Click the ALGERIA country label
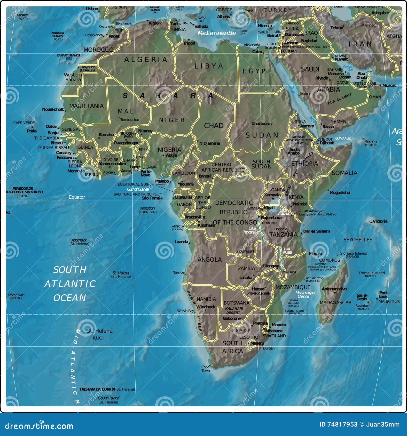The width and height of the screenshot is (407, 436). [146, 60]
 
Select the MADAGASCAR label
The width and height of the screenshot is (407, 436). [335, 303]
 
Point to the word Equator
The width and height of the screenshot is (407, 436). [77, 197]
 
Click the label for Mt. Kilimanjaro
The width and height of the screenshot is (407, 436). [314, 211]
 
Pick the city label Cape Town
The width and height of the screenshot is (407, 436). [206, 369]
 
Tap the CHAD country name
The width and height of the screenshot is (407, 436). [214, 126]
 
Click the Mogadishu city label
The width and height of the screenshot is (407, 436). [340, 192]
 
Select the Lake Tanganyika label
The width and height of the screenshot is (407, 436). [251, 230]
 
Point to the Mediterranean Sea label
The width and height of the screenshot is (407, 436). [216, 33]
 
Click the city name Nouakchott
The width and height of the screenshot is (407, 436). [53, 109]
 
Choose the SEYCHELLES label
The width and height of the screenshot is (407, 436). [358, 240]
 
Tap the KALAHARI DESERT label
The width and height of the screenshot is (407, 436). [234, 310]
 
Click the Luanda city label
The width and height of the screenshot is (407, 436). [181, 242]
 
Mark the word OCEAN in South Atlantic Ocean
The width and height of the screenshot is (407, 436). [69, 298]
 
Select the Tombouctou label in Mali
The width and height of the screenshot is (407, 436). [130, 120]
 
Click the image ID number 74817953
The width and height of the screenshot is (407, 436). [342, 424]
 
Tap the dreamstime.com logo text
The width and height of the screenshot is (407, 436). [39, 426]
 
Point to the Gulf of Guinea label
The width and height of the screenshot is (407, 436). [138, 189]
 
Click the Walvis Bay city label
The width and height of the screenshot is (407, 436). [185, 311]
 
